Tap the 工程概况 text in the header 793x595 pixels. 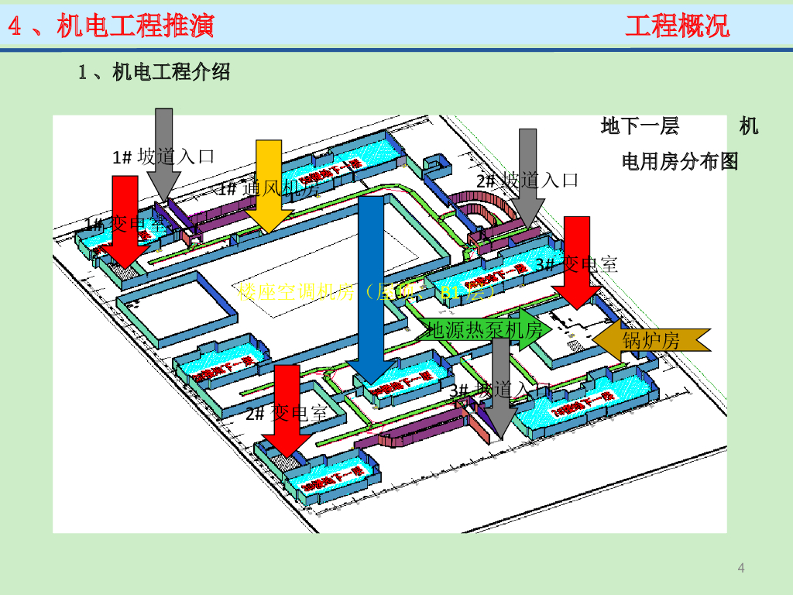pyautogui.click(x=677, y=26)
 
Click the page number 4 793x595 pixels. pyautogui.click(x=741, y=569)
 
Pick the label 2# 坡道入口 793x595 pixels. pyautogui.click(x=527, y=181)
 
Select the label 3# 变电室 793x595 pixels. pyautogui.click(x=577, y=264)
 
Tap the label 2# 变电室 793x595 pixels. pyautogui.click(x=286, y=412)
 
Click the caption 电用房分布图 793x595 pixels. pyautogui.click(x=680, y=161)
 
